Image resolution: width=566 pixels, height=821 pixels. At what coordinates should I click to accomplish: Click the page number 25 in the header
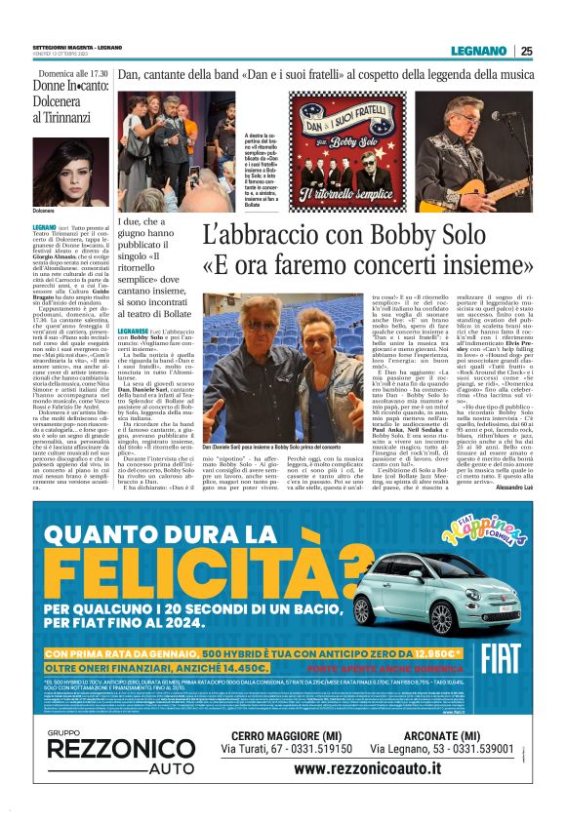click(x=527, y=51)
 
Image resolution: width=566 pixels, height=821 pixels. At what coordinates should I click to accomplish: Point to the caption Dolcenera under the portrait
click(x=44, y=212)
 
